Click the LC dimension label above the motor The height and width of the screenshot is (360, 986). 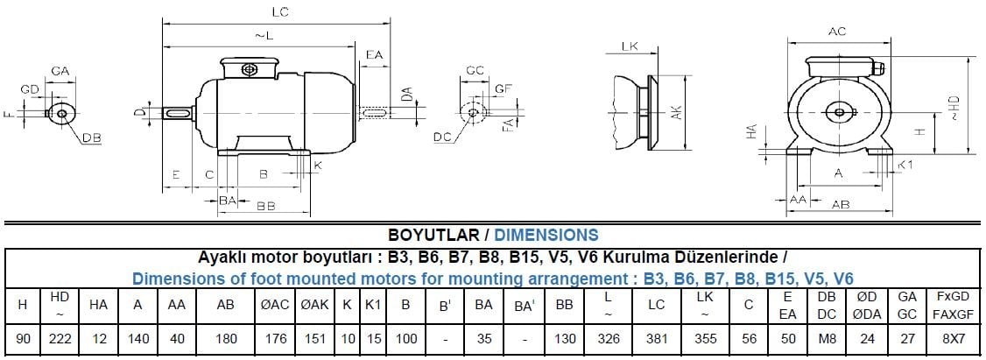(x=280, y=11)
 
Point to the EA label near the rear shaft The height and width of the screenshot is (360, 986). (x=374, y=54)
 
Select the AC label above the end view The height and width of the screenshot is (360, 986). (x=836, y=32)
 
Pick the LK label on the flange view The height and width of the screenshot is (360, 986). (x=628, y=46)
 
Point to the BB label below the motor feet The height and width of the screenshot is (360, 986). (x=265, y=207)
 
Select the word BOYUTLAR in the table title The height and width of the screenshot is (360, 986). (x=433, y=235)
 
